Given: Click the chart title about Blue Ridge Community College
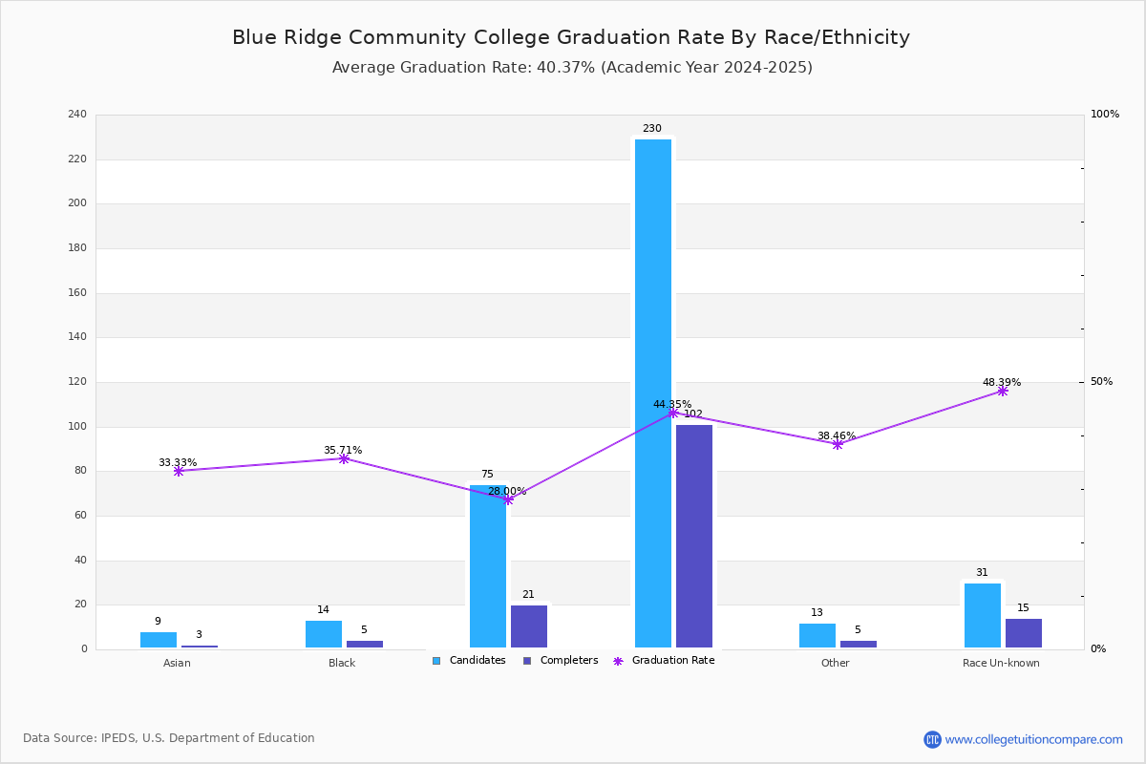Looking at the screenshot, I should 571,37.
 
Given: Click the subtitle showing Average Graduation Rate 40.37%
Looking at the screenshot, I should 572,68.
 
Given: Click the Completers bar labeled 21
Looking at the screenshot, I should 529,626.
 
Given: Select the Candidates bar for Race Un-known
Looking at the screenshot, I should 983,616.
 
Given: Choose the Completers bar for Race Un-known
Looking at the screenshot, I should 1024,633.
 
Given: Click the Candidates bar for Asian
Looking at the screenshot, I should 159,640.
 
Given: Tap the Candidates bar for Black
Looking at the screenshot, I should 324,634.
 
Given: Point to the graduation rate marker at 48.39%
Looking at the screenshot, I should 1002,392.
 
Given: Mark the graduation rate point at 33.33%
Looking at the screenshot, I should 179,471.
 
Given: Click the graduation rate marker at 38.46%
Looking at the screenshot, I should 838,444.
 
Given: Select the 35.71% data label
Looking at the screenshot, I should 343,450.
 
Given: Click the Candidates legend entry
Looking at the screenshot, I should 469,661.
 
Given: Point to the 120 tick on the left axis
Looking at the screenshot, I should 77,382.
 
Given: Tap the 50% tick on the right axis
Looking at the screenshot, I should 1101,382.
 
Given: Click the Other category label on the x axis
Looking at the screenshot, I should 835,663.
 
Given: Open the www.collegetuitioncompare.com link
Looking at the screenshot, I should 1033,739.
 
